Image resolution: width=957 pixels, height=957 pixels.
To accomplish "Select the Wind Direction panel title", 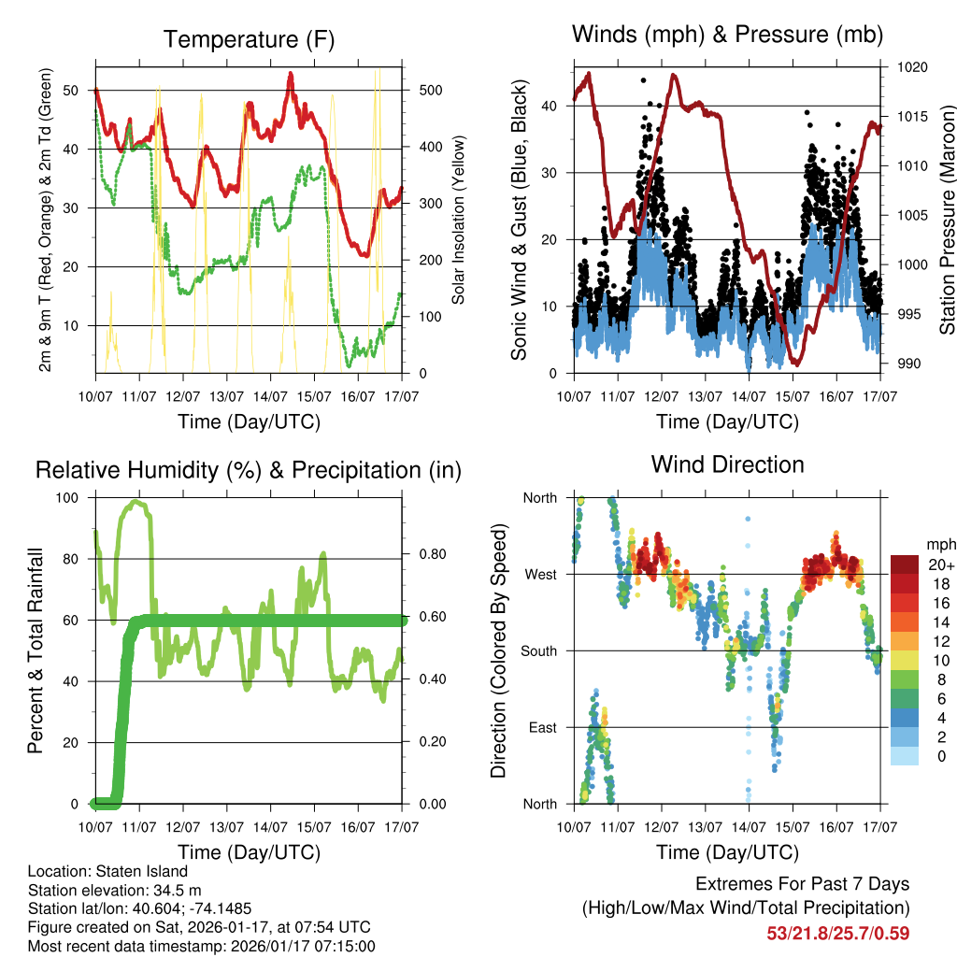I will click(x=727, y=464).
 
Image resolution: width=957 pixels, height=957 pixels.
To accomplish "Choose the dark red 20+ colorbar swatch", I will click(x=906, y=564).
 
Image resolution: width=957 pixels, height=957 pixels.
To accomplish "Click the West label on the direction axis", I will click(x=539, y=575).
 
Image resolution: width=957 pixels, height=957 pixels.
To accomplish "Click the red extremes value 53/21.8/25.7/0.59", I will click(x=838, y=933).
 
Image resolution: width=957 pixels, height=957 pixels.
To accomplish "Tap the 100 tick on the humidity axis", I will click(x=69, y=497).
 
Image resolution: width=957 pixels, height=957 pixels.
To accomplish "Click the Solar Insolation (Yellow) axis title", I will click(x=459, y=221).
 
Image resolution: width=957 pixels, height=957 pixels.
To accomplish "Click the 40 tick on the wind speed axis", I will click(x=550, y=106).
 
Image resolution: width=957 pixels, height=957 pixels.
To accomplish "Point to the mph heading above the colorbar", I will click(x=939, y=544).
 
